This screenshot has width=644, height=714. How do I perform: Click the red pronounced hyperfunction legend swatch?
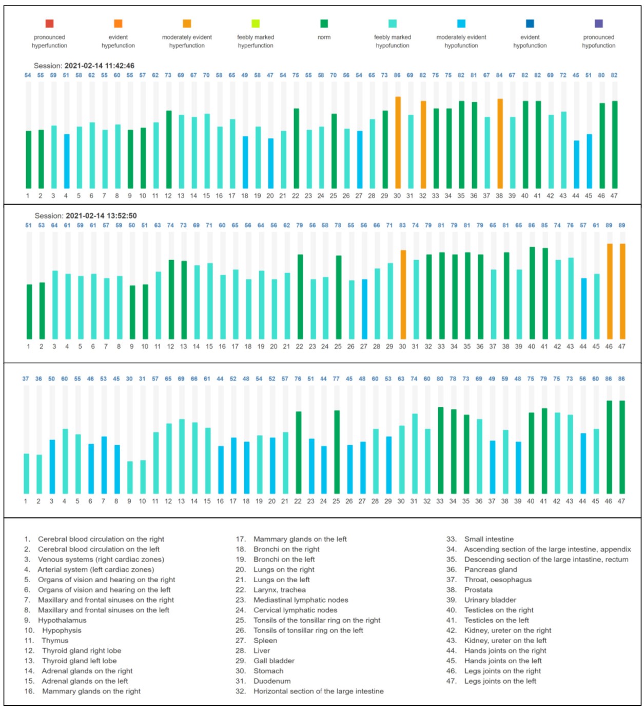[x=49, y=24]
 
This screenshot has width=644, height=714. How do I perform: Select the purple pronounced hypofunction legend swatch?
[x=599, y=24]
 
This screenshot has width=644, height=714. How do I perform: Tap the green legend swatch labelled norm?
[x=324, y=24]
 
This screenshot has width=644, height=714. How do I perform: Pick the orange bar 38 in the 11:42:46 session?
[x=500, y=144]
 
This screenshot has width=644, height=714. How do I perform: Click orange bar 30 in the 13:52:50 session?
[x=403, y=295]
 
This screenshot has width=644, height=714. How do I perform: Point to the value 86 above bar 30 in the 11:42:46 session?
[x=397, y=75]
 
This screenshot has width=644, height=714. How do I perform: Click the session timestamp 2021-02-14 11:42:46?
[x=100, y=66]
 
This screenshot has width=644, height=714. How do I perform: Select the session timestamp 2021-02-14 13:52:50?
[x=101, y=216]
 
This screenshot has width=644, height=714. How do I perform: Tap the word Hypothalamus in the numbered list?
[x=62, y=620]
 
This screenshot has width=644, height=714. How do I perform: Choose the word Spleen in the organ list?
[x=265, y=641]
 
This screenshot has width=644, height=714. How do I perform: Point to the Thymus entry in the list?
[x=55, y=641]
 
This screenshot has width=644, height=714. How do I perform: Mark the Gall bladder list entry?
[x=274, y=661]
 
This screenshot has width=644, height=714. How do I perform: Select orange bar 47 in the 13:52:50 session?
[x=622, y=291]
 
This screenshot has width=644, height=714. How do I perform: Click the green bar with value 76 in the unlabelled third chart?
[x=299, y=453]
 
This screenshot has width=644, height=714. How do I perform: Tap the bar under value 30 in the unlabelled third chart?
[x=130, y=478]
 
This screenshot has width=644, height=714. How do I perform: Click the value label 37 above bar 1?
[x=26, y=379]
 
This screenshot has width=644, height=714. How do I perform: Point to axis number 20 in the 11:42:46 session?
[x=270, y=196]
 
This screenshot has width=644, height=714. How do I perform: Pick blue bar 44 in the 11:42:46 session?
[x=577, y=165]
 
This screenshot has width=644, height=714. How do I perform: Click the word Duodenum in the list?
[x=272, y=681]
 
